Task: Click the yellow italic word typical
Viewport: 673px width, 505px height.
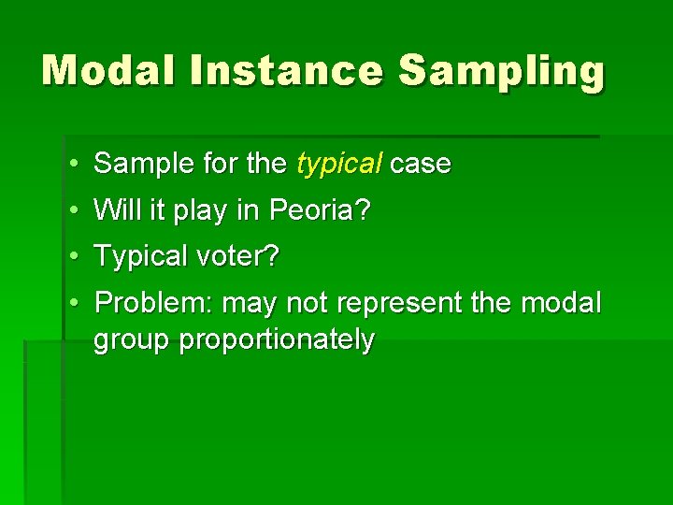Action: tap(338, 166)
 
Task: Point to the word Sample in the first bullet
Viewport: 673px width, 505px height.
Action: tap(136, 165)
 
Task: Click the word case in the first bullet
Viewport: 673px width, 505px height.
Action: tap(421, 165)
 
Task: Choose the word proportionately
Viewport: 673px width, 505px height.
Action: tap(277, 340)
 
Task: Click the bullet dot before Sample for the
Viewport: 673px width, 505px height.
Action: tap(73, 166)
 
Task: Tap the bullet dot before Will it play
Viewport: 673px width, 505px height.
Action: tap(73, 210)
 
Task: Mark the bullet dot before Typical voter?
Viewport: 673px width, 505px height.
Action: tap(73, 256)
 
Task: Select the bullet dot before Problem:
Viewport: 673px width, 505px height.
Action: tap(73, 303)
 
